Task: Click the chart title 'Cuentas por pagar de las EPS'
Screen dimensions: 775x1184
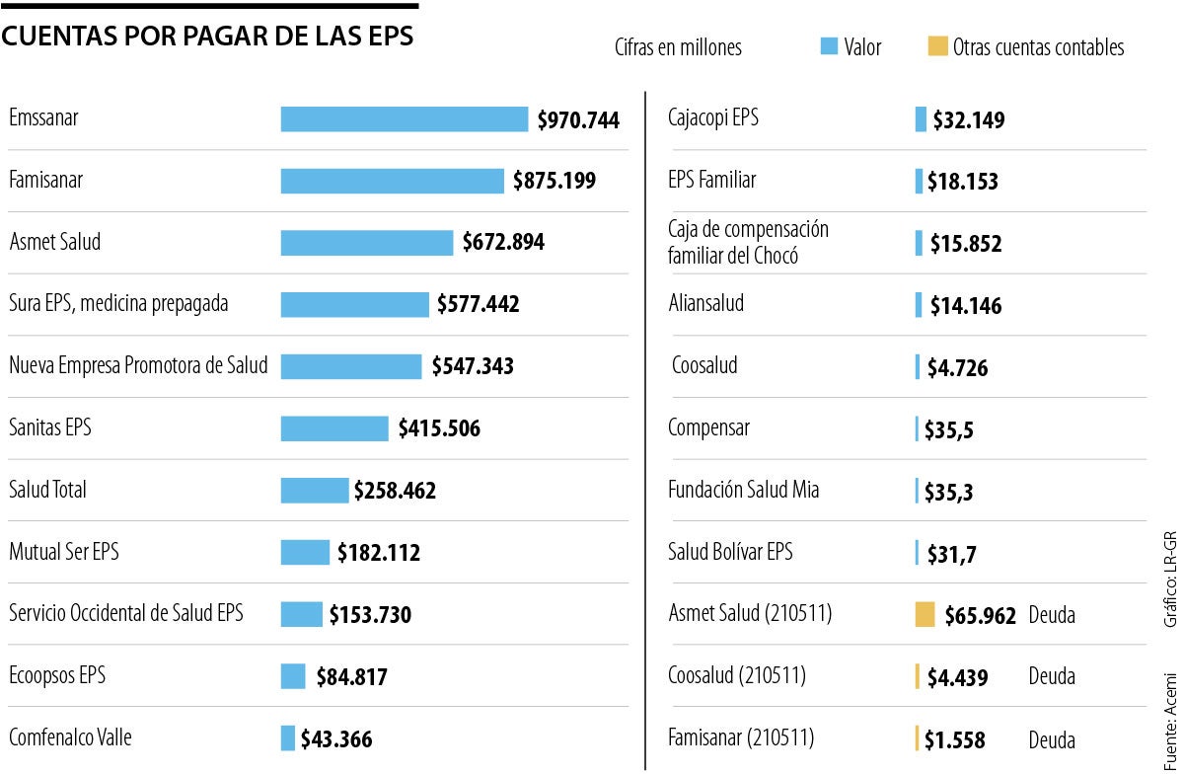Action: point(207,37)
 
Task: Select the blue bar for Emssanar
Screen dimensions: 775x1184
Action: point(405,119)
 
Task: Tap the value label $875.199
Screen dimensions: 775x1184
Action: point(554,181)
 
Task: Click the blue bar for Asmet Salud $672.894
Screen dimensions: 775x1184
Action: point(367,243)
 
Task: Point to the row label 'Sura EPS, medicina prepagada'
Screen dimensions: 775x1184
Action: point(118,304)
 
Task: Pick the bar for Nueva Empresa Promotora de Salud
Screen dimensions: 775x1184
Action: point(351,366)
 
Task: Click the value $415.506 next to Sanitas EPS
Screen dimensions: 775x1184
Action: point(439,428)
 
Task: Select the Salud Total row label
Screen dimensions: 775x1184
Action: point(47,490)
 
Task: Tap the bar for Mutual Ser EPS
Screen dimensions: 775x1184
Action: point(305,552)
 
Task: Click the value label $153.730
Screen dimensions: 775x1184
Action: point(370,614)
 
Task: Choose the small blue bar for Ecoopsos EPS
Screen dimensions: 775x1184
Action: point(293,676)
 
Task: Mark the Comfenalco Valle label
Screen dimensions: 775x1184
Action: point(70,737)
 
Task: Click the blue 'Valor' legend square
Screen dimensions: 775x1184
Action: point(829,46)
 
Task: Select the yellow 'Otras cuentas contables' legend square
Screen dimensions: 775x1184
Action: point(937,46)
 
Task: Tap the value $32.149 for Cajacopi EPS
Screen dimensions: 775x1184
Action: point(969,120)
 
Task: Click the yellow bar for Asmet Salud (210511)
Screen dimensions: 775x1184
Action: point(925,614)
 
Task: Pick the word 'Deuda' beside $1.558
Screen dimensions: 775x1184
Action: point(1052,739)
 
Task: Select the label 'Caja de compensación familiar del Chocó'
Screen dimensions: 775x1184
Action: point(748,243)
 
